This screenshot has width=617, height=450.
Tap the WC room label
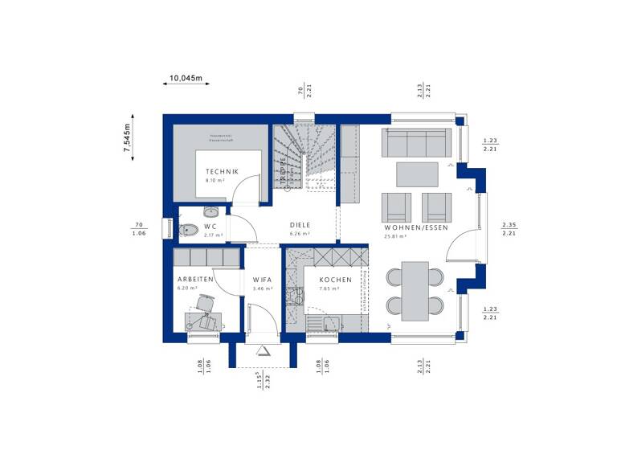[x=210, y=227]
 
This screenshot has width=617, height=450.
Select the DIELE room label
[x=300, y=225]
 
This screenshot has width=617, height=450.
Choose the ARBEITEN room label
[x=194, y=279]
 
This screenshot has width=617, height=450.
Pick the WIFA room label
[x=263, y=279]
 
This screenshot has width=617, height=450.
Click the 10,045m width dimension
[x=185, y=79]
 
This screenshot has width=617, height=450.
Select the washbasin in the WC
[x=211, y=212]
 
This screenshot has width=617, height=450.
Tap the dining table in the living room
[x=415, y=290]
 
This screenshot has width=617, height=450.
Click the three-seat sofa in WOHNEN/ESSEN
[x=415, y=142]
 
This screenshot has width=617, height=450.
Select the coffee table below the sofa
[x=416, y=174]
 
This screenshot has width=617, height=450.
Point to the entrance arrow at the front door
[x=263, y=350]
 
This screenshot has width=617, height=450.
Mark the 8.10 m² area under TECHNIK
[x=215, y=180]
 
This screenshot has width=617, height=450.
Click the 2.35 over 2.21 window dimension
[x=509, y=229]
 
